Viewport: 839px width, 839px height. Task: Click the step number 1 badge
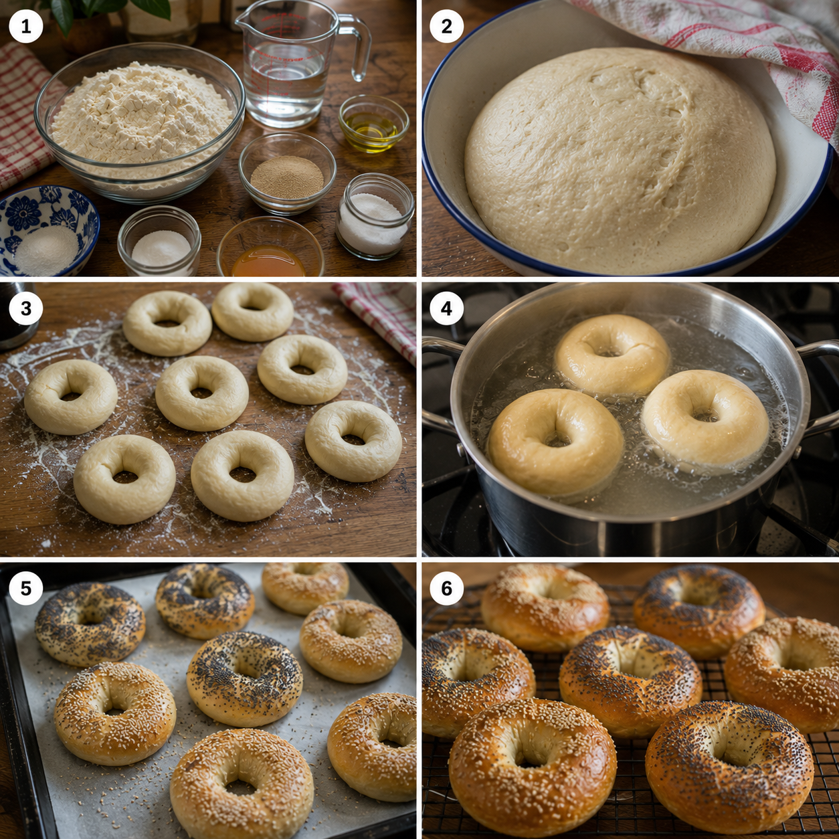(26, 26)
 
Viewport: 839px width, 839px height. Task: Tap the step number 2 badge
(446, 26)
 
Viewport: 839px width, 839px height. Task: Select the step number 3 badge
(26, 308)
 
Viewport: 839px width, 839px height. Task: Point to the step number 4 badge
(446, 308)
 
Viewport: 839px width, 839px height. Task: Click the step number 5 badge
(26, 589)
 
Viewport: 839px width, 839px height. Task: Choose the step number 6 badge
(446, 589)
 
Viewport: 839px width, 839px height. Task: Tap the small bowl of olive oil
(373, 123)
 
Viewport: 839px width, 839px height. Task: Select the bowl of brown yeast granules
(287, 173)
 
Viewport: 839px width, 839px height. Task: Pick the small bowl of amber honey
(270, 248)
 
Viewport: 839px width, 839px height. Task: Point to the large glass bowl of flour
(140, 122)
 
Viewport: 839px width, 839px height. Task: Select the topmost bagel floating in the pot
(612, 355)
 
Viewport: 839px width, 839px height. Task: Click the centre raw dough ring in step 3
(202, 393)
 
